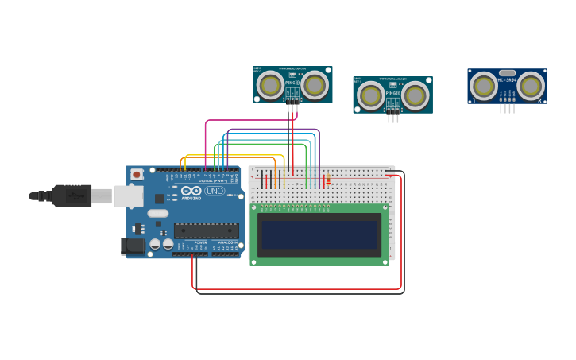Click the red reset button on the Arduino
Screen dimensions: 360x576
[137, 174]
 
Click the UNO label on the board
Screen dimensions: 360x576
[215, 191]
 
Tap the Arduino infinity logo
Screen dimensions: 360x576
[191, 191]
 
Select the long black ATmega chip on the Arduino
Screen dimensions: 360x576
[207, 230]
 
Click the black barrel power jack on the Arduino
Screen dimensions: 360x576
[133, 246]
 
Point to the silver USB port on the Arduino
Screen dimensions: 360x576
[128, 195]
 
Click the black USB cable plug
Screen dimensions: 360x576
[72, 195]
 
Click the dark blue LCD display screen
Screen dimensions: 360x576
[319, 234]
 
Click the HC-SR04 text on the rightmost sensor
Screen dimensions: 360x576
[508, 80]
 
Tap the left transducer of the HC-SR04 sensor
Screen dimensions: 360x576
[484, 85]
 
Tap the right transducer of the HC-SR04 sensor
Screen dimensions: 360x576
[531, 85]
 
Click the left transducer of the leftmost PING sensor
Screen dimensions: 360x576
[270, 84]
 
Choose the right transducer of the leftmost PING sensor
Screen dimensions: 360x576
[315, 84]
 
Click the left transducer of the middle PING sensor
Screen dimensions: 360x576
[370, 95]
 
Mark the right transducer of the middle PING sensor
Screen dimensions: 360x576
[416, 95]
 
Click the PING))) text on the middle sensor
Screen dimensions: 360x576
[392, 93]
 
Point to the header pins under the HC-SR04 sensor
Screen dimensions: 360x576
[507, 109]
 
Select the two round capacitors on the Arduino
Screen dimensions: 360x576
[162, 245]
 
